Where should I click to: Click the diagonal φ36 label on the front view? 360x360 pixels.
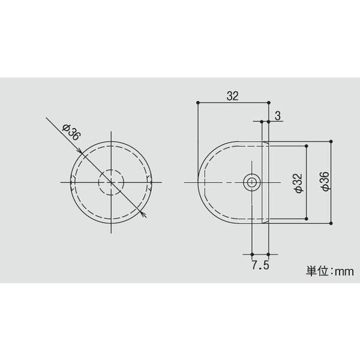click(x=71, y=132)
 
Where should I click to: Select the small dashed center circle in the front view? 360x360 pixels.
click(x=111, y=182)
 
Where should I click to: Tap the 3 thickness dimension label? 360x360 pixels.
click(x=278, y=116)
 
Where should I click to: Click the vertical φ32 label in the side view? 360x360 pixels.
click(x=297, y=182)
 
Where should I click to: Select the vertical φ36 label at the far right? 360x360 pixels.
click(x=324, y=182)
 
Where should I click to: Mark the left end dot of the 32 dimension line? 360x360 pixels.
click(x=198, y=103)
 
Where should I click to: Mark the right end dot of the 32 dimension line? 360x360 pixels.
click(x=269, y=103)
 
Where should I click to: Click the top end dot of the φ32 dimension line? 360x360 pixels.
click(x=307, y=143)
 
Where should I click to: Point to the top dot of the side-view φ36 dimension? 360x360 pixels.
click(x=332, y=140)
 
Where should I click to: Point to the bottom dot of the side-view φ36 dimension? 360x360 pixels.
click(x=332, y=223)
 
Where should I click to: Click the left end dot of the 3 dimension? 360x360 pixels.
click(x=262, y=122)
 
